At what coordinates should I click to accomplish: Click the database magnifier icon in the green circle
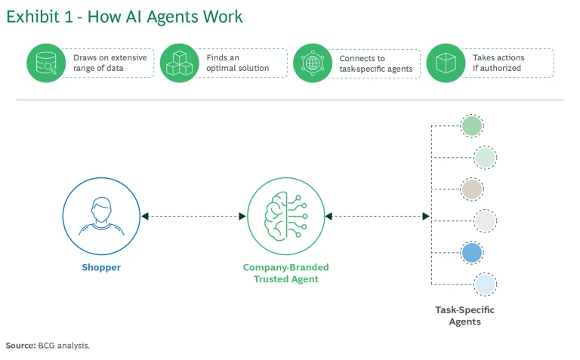pyautogui.click(x=45, y=63)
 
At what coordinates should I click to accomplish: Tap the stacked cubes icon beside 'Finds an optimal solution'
pyautogui.click(x=179, y=63)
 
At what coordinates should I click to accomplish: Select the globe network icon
pyautogui.click(x=312, y=63)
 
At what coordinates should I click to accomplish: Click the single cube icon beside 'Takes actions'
pyautogui.click(x=446, y=63)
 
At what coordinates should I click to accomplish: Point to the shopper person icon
pyautogui.click(x=101, y=216)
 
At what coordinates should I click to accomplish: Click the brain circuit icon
pyautogui.click(x=285, y=216)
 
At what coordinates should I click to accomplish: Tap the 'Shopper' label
pyautogui.click(x=101, y=267)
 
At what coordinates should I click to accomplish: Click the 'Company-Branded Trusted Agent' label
pyautogui.click(x=285, y=272)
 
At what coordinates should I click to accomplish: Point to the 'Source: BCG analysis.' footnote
pyautogui.click(x=48, y=345)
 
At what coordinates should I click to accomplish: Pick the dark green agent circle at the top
pyautogui.click(x=472, y=125)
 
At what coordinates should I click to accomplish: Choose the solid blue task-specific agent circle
pyautogui.click(x=472, y=253)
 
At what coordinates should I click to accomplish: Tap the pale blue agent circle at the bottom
pyautogui.click(x=484, y=285)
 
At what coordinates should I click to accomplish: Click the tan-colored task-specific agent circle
pyautogui.click(x=472, y=189)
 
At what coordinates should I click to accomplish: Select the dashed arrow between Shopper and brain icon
pyautogui.click(x=193, y=217)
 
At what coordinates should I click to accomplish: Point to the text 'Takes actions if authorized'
pyautogui.click(x=498, y=63)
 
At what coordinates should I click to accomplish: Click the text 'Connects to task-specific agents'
pyautogui.click(x=375, y=63)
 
